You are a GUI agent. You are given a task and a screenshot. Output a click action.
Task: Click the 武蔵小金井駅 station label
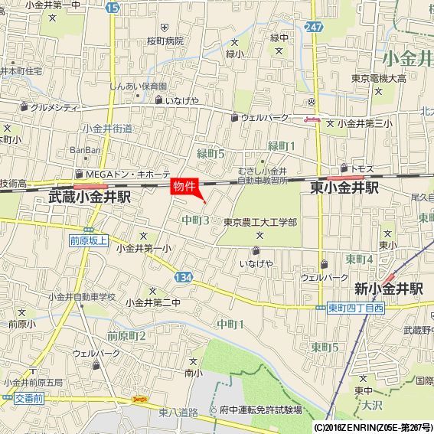[89, 197]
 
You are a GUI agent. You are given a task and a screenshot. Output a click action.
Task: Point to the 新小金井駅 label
[389, 289]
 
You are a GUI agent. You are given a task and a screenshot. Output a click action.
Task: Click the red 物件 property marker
[184, 187]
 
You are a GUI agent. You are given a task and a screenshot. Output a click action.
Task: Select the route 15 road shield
[113, 7]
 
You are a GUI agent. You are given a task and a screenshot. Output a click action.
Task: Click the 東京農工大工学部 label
[261, 222]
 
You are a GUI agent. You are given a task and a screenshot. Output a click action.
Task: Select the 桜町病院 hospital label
[165, 41]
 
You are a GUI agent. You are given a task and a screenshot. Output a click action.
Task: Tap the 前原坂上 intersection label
[85, 239]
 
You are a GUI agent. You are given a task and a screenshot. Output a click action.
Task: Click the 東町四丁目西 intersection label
[355, 308]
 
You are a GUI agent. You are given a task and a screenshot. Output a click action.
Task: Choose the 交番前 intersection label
[29, 399]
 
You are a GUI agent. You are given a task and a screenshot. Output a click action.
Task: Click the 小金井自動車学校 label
[81, 296]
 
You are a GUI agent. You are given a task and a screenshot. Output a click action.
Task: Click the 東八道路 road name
[178, 412]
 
